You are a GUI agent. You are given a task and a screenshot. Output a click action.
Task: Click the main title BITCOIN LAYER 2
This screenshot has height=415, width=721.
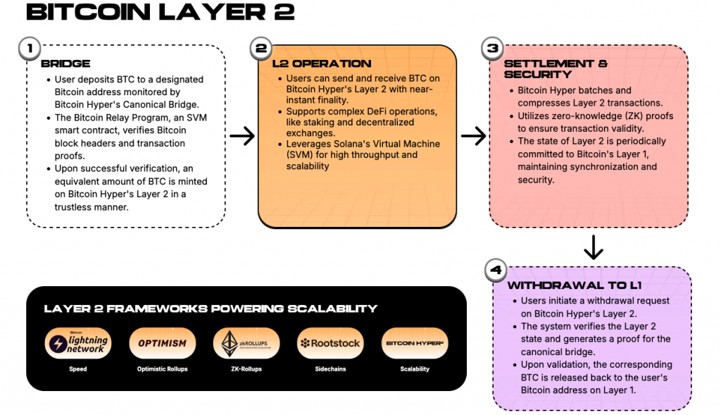[160, 12]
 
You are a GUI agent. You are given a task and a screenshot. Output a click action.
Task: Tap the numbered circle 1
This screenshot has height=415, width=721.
[30, 49]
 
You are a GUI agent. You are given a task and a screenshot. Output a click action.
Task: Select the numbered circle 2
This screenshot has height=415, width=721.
[261, 49]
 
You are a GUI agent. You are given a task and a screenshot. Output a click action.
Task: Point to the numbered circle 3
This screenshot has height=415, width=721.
[492, 49]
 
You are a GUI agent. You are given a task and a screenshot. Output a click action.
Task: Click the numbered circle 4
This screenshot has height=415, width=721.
[496, 270]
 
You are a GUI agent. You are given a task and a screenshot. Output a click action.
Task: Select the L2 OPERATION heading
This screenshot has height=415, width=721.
[322, 63]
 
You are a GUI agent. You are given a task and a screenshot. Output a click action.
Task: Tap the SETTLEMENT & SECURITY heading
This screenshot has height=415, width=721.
[556, 68]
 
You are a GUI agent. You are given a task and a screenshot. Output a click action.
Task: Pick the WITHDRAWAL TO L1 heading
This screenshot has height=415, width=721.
[574, 285]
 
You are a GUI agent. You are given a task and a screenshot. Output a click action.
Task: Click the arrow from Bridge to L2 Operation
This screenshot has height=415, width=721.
[242, 136]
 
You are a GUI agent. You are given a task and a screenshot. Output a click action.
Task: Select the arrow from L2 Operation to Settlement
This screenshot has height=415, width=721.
[474, 136]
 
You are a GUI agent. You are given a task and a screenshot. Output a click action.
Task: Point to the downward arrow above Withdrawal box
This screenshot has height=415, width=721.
[594, 247]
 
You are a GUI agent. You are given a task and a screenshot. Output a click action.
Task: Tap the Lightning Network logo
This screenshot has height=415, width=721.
[77, 343]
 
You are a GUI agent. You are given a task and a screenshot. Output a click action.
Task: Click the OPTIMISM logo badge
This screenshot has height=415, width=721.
[162, 343]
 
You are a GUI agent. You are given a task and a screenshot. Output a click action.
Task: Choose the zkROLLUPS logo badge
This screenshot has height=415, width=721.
[246, 343]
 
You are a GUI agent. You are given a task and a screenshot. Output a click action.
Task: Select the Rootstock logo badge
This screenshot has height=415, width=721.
[330, 343]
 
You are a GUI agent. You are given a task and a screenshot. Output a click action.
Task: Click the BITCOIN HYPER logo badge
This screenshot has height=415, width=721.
[414, 343]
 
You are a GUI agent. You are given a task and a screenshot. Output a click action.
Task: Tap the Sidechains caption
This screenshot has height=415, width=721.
[330, 369]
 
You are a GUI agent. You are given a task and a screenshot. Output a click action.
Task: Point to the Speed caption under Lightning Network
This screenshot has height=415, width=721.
[77, 369]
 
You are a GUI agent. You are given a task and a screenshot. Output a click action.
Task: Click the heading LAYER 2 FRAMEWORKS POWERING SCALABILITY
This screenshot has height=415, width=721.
[211, 309]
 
